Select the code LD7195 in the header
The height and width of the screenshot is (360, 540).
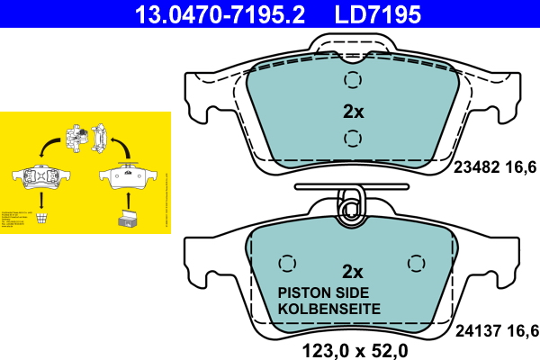[378, 13]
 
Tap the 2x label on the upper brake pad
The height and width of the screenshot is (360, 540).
[353, 112]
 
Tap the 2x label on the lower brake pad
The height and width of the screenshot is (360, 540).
[353, 272]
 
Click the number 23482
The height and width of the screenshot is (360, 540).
[480, 166]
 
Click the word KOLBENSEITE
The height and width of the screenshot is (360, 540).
[328, 309]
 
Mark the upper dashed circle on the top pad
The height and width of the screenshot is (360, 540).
[352, 81]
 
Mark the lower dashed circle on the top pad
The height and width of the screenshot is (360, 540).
[352, 139]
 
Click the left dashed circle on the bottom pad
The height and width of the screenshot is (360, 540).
[287, 263]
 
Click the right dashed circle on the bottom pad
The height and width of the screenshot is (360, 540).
[415, 263]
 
